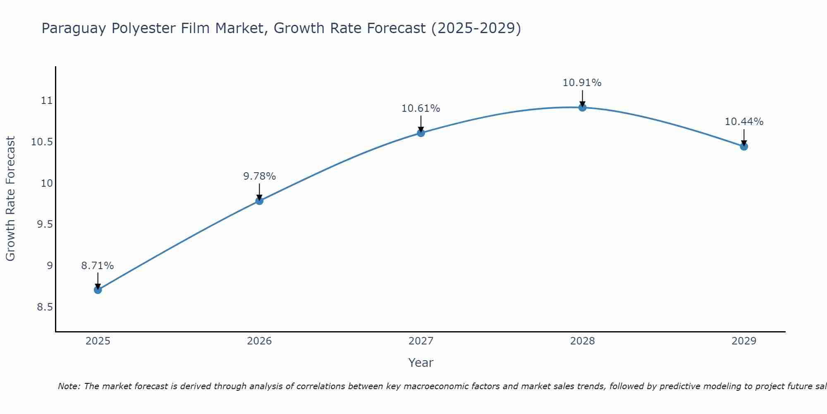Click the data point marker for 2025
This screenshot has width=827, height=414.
point(98,290)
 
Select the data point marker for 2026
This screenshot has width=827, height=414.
point(259,201)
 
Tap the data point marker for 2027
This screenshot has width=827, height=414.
point(421,133)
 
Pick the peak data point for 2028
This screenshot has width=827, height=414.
point(582,108)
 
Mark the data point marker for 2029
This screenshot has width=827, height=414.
point(744,147)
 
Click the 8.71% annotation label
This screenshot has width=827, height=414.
point(98,266)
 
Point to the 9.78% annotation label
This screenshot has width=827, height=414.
point(259,176)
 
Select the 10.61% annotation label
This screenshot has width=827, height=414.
point(421,108)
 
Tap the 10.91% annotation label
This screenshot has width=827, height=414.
point(582,83)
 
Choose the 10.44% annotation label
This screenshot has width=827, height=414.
point(744,122)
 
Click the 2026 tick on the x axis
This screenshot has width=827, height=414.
point(259,341)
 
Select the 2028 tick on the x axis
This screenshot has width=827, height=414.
point(582,341)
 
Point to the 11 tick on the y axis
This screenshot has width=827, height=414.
point(47,101)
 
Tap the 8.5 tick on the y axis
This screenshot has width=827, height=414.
point(45,307)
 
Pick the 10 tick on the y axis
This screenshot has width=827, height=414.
point(47,183)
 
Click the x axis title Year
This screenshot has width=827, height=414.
point(421,363)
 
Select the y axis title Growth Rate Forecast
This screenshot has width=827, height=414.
point(11,199)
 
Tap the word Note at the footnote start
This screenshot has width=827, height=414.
point(69,386)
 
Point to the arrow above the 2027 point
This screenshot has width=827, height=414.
point(421,124)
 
